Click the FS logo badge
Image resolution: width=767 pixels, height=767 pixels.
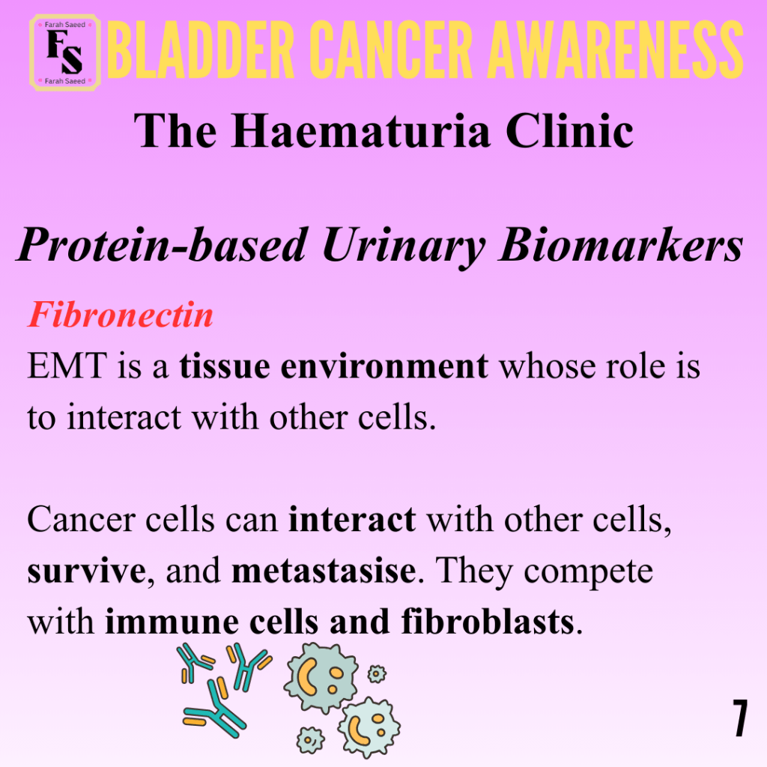tap(65, 52)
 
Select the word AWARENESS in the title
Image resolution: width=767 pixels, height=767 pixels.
tap(616, 50)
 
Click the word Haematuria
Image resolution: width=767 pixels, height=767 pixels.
tap(361, 131)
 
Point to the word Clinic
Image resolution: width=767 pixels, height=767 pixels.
tap(569, 130)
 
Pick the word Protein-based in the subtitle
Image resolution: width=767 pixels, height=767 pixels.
tap(163, 245)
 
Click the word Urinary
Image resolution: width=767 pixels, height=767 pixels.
tap(404, 247)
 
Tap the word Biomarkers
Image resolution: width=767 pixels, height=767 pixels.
tap(621, 244)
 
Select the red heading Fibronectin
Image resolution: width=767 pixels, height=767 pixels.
tap(121, 315)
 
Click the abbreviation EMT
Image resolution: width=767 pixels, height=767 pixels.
tap(67, 366)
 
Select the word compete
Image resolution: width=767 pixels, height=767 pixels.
tap(588, 572)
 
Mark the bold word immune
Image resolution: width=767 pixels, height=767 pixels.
tap(172, 622)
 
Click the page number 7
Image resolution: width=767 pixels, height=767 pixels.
tap(740, 718)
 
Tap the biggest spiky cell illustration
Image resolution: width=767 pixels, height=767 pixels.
tap(321, 676)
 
